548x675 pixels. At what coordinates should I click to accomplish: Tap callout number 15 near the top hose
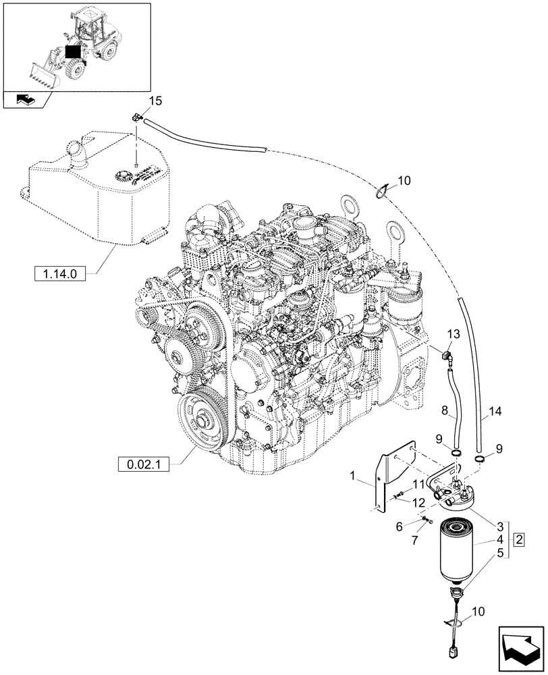pyautogui.click(x=155, y=102)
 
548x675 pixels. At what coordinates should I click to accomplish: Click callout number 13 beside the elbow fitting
pyautogui.click(x=453, y=334)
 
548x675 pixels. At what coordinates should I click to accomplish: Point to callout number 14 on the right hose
pyautogui.click(x=496, y=410)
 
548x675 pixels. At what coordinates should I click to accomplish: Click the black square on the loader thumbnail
pyautogui.click(x=72, y=52)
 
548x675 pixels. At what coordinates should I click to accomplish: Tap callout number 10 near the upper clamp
pyautogui.click(x=404, y=181)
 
